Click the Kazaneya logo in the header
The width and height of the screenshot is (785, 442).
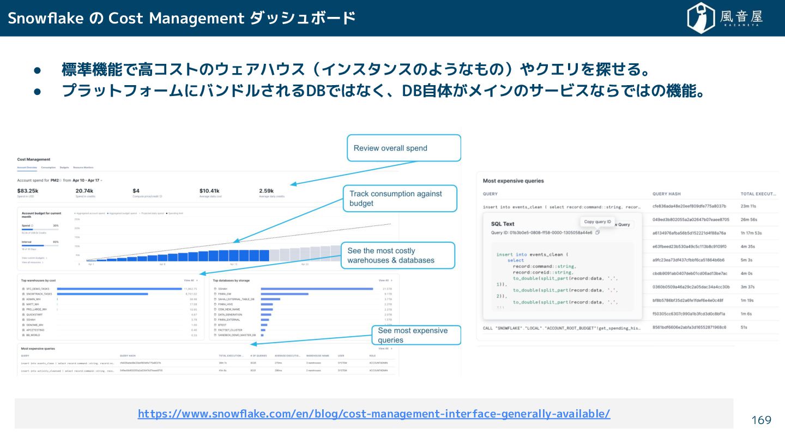[725, 18]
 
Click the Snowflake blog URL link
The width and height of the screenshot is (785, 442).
[374, 414]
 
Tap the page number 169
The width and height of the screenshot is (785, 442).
[762, 420]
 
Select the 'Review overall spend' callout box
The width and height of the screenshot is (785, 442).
[403, 148]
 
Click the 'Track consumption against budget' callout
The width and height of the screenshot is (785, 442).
[400, 199]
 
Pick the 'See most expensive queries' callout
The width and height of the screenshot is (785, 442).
[416, 335]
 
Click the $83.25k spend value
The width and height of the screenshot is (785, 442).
[27, 191]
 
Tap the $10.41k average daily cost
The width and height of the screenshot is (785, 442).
[209, 191]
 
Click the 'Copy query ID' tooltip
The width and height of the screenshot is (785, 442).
[597, 222]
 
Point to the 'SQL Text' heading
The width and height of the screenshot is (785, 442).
[503, 224]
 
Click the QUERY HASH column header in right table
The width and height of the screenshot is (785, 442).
[666, 194]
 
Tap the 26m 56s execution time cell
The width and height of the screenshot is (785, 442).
[752, 219]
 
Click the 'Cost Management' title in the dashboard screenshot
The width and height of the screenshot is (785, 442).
[34, 159]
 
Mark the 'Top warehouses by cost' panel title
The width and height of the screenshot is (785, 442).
[38, 280]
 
